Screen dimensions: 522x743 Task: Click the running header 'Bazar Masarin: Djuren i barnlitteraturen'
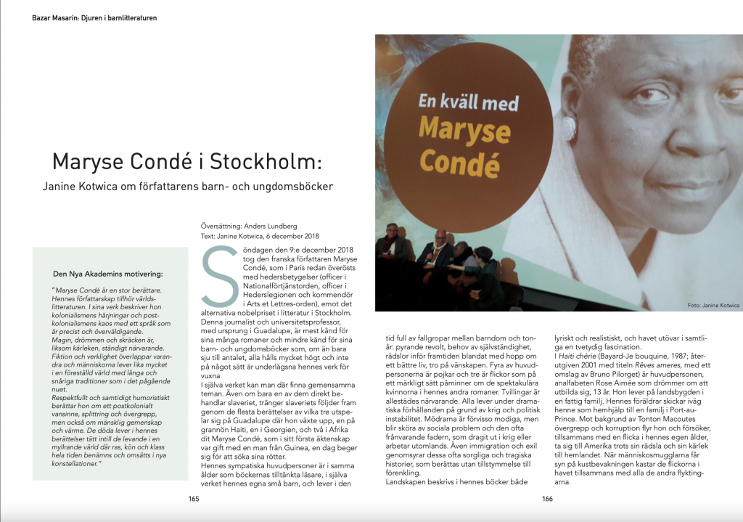coord(94,17)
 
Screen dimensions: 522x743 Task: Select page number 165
coord(194,498)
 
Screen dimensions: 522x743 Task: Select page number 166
coord(547,498)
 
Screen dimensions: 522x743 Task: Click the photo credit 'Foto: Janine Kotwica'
coord(712,306)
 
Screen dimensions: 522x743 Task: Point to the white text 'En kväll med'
coord(469,100)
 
